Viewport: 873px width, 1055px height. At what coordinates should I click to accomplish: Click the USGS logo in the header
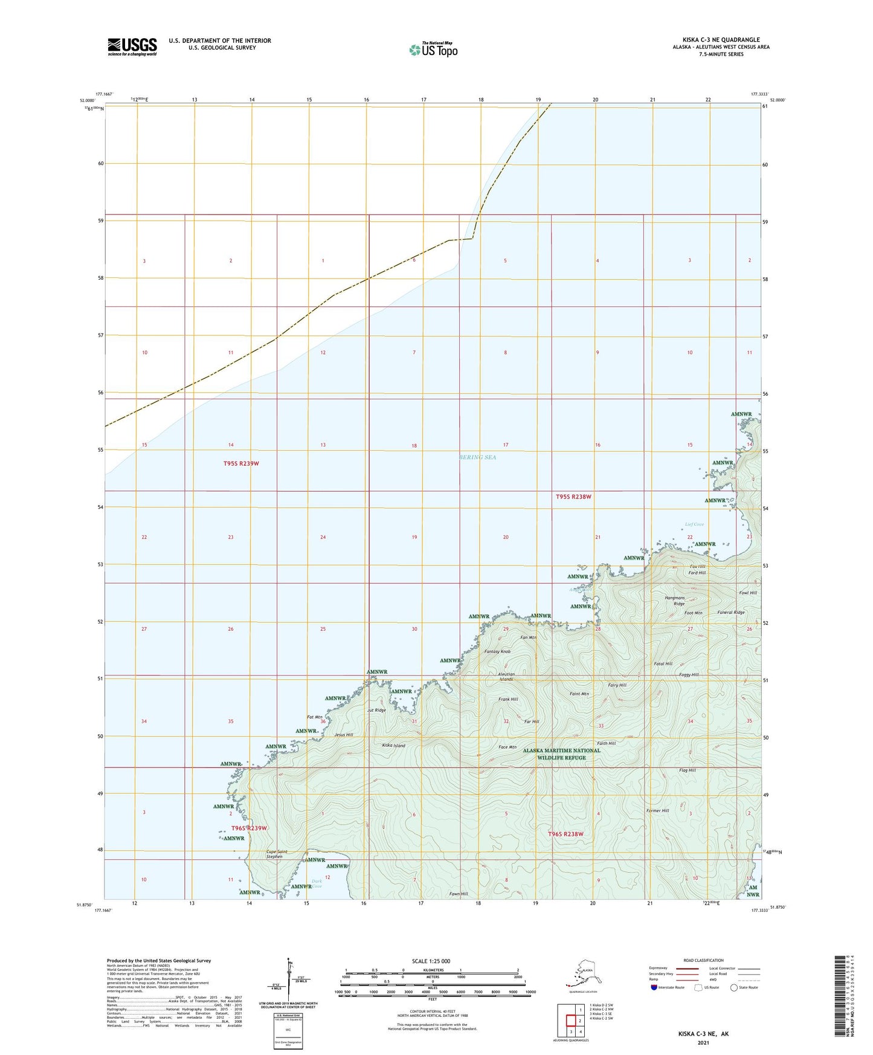click(x=132, y=47)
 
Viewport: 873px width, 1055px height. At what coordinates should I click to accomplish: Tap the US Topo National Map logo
click(x=433, y=50)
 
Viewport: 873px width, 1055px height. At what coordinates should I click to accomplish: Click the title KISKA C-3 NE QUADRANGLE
click(x=717, y=40)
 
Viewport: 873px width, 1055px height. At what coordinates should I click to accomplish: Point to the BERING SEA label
click(x=477, y=457)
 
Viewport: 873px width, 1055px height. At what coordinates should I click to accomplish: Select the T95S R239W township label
click(x=241, y=463)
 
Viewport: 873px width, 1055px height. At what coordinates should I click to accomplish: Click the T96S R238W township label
click(x=565, y=834)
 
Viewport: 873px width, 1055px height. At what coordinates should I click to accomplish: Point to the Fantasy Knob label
click(x=497, y=651)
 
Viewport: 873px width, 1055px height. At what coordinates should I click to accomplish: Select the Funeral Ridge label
click(x=730, y=612)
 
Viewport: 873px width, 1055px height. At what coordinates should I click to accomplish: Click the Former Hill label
click(x=657, y=811)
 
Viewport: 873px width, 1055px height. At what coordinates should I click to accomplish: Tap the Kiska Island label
click(x=394, y=746)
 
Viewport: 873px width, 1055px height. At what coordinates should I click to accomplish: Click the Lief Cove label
click(x=694, y=524)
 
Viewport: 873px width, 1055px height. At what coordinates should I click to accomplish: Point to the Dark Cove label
click(x=317, y=883)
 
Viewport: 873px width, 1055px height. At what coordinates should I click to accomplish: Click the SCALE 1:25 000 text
click(x=431, y=961)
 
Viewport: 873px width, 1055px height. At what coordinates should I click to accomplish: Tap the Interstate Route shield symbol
click(x=654, y=987)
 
